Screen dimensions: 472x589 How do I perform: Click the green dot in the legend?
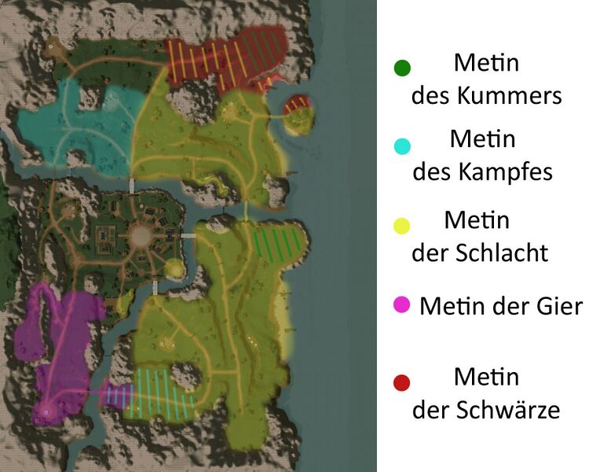403,68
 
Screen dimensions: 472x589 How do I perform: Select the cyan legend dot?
403,146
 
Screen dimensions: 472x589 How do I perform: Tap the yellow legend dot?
403,227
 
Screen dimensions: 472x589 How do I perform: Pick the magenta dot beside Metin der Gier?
402,304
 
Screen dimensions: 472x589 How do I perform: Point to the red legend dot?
403,383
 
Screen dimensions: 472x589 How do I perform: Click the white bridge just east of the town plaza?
188,236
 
